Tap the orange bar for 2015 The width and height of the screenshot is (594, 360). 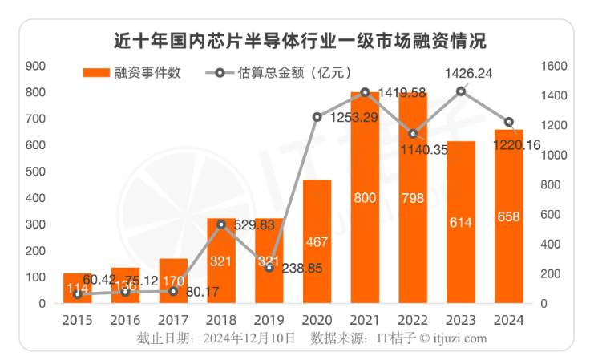[78, 289]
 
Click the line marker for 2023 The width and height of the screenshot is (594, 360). [461, 91]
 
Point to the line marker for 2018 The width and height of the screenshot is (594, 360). [221, 224]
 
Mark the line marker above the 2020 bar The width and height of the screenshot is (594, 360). [317, 117]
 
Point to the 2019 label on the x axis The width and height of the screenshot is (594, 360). [269, 319]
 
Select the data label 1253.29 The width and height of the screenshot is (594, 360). [350, 118]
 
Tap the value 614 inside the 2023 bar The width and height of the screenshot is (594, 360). [461, 223]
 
